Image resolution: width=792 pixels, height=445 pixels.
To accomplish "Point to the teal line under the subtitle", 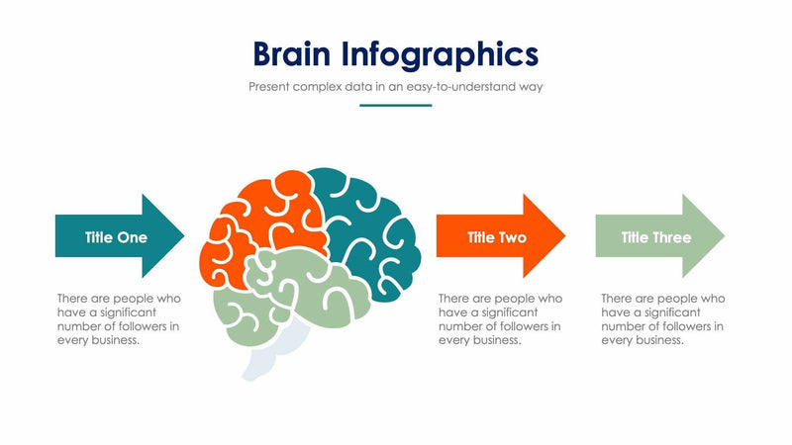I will (395, 105).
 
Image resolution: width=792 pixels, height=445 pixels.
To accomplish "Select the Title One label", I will (116, 237).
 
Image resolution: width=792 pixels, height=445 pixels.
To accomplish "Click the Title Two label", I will (496, 237).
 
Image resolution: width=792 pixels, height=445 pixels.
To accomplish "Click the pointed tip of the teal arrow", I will (183, 235).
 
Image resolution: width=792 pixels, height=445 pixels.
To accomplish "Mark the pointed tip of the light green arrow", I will (724, 235).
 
